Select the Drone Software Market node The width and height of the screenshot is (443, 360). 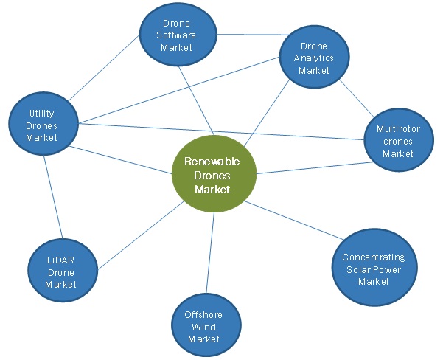click(177, 35)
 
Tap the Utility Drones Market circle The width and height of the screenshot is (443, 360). click(43, 125)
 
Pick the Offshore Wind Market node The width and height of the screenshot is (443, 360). click(203, 327)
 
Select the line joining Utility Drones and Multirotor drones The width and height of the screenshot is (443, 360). click(221, 131)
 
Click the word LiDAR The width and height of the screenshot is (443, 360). click(61, 260)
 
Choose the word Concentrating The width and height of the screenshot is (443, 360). click(373, 257)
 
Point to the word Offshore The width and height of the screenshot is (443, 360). click(203, 315)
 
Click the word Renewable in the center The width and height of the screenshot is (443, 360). click(212, 162)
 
